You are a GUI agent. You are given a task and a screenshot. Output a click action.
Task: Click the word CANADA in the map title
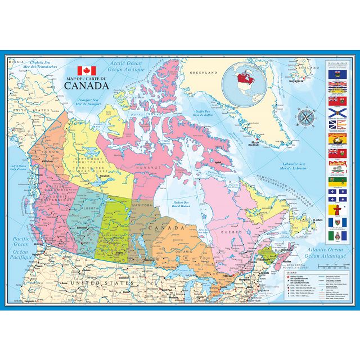point(87,86)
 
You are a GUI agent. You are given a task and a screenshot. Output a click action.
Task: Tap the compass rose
point(307,117)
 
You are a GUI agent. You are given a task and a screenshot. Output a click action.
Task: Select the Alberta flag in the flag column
point(336,75)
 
